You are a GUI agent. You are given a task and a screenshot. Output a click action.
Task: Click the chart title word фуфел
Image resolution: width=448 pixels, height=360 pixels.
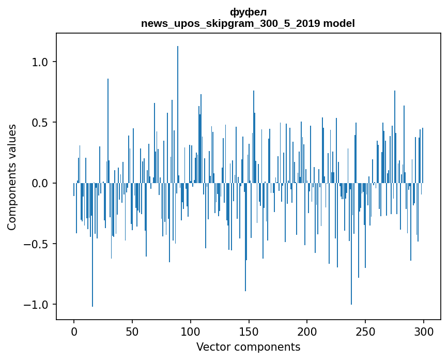248,12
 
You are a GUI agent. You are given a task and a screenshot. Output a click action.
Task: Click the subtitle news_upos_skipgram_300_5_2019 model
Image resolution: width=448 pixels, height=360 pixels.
248,23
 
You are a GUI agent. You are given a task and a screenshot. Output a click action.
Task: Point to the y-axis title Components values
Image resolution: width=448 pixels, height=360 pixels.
12,177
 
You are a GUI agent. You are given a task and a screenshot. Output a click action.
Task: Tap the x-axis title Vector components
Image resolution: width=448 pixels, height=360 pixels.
248,347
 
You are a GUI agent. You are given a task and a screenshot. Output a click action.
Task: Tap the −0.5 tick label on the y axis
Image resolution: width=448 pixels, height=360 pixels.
37,244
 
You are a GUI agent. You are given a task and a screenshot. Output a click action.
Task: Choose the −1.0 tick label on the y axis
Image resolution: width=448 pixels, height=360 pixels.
37,304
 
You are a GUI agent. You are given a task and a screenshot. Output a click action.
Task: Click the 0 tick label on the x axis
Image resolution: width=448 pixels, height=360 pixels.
74,331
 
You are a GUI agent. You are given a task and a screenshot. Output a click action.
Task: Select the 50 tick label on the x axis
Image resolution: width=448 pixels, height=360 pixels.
132,331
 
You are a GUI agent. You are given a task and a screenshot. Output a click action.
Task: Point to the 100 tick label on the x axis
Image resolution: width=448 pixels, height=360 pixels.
191,331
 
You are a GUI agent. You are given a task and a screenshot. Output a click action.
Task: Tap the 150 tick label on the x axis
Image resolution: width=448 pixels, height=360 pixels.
249,331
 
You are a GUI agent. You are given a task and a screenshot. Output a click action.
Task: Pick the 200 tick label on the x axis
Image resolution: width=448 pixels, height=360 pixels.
307,331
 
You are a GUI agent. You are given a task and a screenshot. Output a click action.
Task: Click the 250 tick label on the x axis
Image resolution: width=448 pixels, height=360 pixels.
365,331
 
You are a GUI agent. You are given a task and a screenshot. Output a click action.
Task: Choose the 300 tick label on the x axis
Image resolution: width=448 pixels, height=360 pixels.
424,331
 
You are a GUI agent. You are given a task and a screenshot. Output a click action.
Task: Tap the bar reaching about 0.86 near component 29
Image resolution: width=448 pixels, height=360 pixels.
108,129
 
